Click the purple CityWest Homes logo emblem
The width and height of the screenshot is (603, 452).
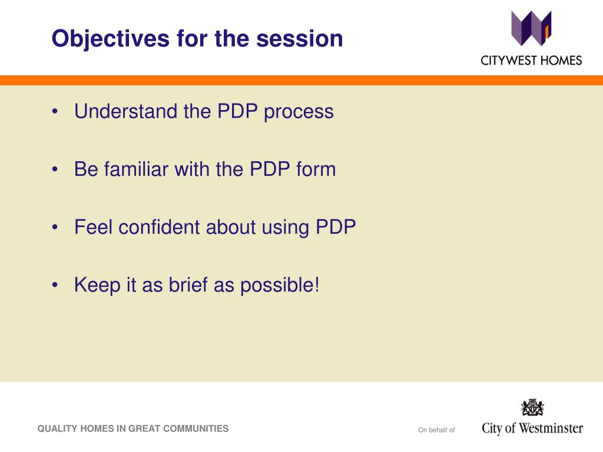pos(531,28)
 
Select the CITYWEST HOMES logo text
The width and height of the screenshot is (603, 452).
pos(531,61)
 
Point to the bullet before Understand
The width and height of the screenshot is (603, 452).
pos(55,111)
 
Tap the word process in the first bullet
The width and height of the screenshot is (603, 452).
pos(299,112)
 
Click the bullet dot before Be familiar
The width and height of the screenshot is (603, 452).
pos(55,169)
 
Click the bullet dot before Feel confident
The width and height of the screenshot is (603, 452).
pos(55,227)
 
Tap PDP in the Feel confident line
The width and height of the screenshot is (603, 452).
pos(336,227)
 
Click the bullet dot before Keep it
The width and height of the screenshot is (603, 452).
pos(55,285)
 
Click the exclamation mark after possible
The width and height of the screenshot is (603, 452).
pos(317,285)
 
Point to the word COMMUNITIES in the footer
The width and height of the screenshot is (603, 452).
pos(196,428)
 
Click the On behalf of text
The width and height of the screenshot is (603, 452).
pos(436,430)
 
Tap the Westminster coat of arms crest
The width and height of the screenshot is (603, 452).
pos(532,407)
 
